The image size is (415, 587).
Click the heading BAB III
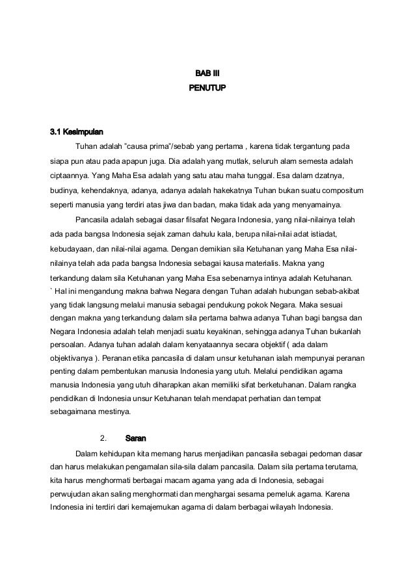pos(207,72)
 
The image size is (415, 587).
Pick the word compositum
pos(341,190)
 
